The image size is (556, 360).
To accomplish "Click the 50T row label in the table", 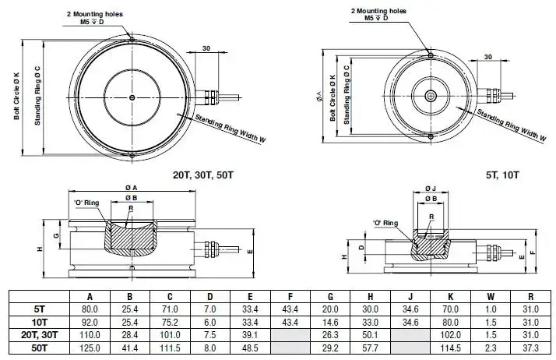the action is click(x=40, y=348).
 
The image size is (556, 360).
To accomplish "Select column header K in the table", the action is click(x=450, y=297).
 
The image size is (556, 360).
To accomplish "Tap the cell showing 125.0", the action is click(x=90, y=348).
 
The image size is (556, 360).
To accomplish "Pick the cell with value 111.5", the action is click(x=170, y=348).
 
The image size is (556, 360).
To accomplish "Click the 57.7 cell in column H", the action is click(x=370, y=348).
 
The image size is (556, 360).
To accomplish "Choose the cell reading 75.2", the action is click(x=170, y=322).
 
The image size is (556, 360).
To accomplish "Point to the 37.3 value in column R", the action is click(x=530, y=348).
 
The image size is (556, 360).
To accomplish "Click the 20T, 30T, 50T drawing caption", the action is click(x=203, y=175).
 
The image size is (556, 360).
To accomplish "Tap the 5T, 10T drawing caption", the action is click(x=503, y=175).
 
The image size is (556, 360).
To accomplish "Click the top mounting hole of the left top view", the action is click(x=132, y=40).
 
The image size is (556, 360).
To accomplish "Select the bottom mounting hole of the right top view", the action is click(x=431, y=136).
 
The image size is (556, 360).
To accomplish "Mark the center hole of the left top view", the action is click(x=132, y=97).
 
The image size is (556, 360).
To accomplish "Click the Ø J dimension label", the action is click(x=430, y=188).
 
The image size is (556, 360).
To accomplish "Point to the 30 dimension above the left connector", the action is click(x=206, y=48).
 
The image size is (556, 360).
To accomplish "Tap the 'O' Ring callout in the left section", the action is click(x=86, y=203).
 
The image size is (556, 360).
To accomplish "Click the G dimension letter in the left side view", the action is click(x=56, y=235).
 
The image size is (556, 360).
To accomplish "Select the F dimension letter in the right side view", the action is click(x=532, y=252).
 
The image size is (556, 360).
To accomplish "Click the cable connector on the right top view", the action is click(x=493, y=96).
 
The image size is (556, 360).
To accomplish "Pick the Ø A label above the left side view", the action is click(x=131, y=187).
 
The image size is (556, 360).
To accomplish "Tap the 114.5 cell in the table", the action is click(x=450, y=348).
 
